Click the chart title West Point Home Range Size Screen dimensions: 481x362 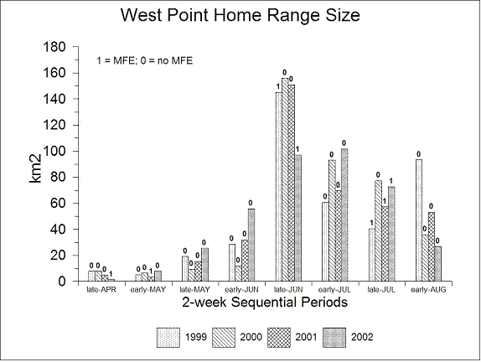tap(240, 15)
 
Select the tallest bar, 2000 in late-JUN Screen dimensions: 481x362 tap(285, 179)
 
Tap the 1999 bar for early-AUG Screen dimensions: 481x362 tap(419, 220)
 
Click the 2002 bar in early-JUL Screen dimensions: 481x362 tap(344, 215)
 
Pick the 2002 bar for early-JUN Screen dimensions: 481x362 tap(251, 245)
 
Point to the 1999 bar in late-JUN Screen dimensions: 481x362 tap(278, 187)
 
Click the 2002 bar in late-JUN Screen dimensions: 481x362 tap(297, 218)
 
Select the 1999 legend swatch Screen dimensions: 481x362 tap(168, 338)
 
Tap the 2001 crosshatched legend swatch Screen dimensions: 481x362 tap(279, 338)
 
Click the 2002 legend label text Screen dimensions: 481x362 tap(362, 337)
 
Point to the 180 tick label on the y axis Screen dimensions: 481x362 tap(54, 47)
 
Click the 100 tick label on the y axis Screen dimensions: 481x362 tap(54, 151)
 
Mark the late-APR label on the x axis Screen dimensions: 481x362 tap(101, 290)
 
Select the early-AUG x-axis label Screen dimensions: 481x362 tap(428, 290)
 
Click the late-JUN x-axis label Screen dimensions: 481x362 tap(288, 290)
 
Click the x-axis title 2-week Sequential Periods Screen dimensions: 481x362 tap(265, 303)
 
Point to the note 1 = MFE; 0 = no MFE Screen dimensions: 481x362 tap(145, 60)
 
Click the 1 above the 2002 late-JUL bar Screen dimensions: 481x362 tap(391, 181)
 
